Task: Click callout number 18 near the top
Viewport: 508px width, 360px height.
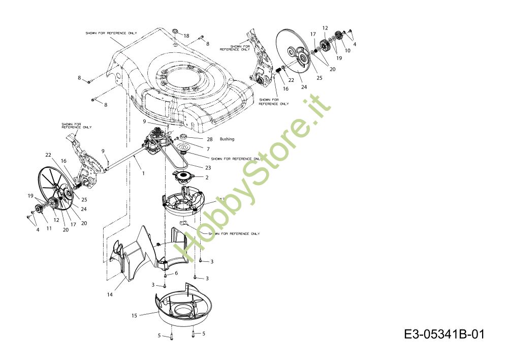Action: (186, 36)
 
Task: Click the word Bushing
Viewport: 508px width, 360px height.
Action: (227, 139)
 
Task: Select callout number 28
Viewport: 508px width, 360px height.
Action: (209, 139)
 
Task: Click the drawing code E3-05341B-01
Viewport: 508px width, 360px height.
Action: (444, 335)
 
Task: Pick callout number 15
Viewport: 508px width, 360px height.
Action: (134, 316)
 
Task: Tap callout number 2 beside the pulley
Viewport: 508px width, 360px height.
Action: (207, 177)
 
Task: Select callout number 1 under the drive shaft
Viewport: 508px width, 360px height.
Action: (143, 173)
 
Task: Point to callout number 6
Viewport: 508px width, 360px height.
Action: (176, 273)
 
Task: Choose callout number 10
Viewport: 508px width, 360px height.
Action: (347, 50)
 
